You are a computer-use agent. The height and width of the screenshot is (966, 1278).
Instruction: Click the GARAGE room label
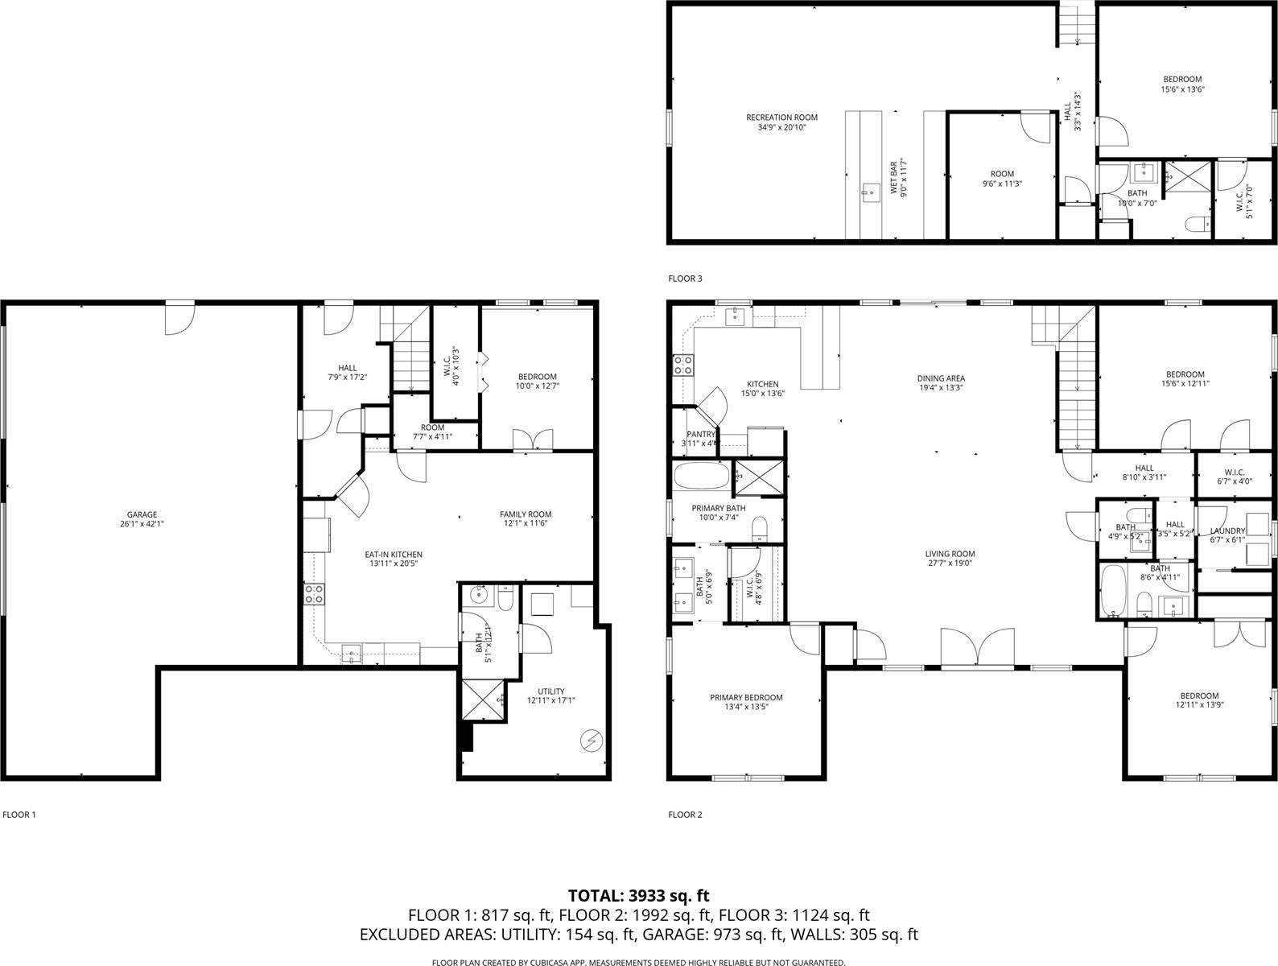142,515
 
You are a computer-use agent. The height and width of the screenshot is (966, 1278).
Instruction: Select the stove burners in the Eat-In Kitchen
314,594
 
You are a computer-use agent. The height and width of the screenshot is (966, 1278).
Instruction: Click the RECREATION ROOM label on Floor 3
781,118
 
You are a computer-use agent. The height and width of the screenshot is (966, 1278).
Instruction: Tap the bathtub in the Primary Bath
701,476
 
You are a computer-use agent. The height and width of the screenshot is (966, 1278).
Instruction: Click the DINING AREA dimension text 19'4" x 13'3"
941,387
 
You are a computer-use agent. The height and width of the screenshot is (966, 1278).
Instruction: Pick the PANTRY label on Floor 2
700,435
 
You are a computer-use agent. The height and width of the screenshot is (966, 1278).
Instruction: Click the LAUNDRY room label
1227,531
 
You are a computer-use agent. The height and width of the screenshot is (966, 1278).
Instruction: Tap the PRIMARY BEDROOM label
746,698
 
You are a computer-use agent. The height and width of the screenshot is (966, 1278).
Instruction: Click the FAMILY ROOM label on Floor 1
526,514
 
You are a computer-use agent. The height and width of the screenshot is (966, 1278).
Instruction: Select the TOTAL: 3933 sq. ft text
638,895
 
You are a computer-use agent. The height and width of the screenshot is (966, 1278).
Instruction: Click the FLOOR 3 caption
685,279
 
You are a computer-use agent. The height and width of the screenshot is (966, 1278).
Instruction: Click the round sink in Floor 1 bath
477,597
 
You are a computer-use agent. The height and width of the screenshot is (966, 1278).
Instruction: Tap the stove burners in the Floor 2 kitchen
683,365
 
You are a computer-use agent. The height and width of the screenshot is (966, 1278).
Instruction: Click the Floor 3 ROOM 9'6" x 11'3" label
1002,179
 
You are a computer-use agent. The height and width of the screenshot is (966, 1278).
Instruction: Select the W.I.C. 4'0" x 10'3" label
456,366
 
